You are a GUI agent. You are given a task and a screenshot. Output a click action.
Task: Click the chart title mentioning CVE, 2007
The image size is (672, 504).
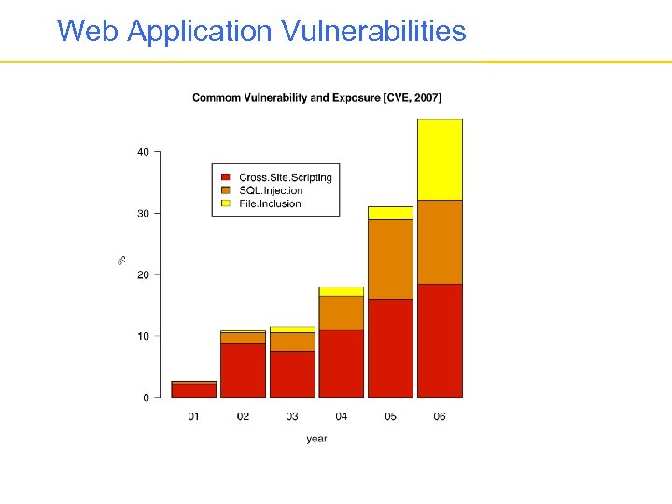(x=316, y=97)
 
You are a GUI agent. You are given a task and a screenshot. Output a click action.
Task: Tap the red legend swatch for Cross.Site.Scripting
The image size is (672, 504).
(x=226, y=177)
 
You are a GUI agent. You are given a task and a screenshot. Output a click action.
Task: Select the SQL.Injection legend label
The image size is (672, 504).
(x=271, y=190)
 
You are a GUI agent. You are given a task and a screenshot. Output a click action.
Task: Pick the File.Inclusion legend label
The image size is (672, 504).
(x=270, y=203)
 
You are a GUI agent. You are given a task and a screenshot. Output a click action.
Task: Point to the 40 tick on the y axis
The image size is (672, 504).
(x=143, y=152)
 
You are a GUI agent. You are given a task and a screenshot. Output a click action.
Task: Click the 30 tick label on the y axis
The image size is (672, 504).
(x=143, y=214)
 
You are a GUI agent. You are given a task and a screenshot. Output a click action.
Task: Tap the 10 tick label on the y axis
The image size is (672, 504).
(x=143, y=336)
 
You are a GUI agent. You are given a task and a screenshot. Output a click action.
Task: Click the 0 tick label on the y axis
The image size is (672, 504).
(x=146, y=398)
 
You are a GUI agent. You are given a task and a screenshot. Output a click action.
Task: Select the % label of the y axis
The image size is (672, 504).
(x=121, y=259)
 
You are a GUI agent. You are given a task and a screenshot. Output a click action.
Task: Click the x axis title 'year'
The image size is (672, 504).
(x=316, y=439)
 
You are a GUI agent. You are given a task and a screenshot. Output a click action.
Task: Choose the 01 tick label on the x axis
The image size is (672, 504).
(x=194, y=416)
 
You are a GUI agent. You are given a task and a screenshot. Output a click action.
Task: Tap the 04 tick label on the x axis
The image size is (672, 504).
(x=341, y=416)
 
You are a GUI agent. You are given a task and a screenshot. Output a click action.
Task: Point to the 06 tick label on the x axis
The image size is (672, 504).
(x=440, y=416)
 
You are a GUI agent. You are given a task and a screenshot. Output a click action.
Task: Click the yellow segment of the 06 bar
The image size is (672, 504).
(x=440, y=160)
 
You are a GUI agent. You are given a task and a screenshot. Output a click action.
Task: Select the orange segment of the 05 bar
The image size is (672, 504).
(x=390, y=259)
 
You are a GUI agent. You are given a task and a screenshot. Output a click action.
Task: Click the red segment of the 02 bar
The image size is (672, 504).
(x=243, y=371)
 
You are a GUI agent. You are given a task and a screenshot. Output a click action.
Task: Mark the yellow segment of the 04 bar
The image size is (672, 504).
(x=341, y=291)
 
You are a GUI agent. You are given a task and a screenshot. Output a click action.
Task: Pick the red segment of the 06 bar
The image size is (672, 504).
(x=440, y=341)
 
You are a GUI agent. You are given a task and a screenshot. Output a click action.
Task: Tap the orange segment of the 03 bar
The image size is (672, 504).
(x=292, y=342)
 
